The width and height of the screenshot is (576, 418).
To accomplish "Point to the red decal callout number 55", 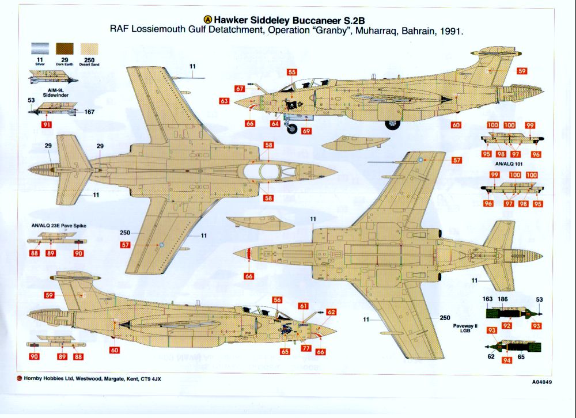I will coord(292,73).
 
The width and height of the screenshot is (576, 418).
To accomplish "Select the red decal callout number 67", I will coord(240,89).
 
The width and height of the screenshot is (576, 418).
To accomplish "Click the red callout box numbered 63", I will coord(225,101).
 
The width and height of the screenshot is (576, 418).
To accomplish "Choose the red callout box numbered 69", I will coord(306,131).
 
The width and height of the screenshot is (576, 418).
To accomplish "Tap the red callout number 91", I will coord(47,124).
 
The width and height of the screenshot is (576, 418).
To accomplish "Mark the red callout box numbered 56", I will coord(277,300).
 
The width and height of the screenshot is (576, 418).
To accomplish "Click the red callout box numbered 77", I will coord(306,348).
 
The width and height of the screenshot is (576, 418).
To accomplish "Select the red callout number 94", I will coord(507,360).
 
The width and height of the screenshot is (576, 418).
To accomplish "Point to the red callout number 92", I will coord(506,326).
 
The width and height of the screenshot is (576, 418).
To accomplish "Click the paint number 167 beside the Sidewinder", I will coord(89,112).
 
